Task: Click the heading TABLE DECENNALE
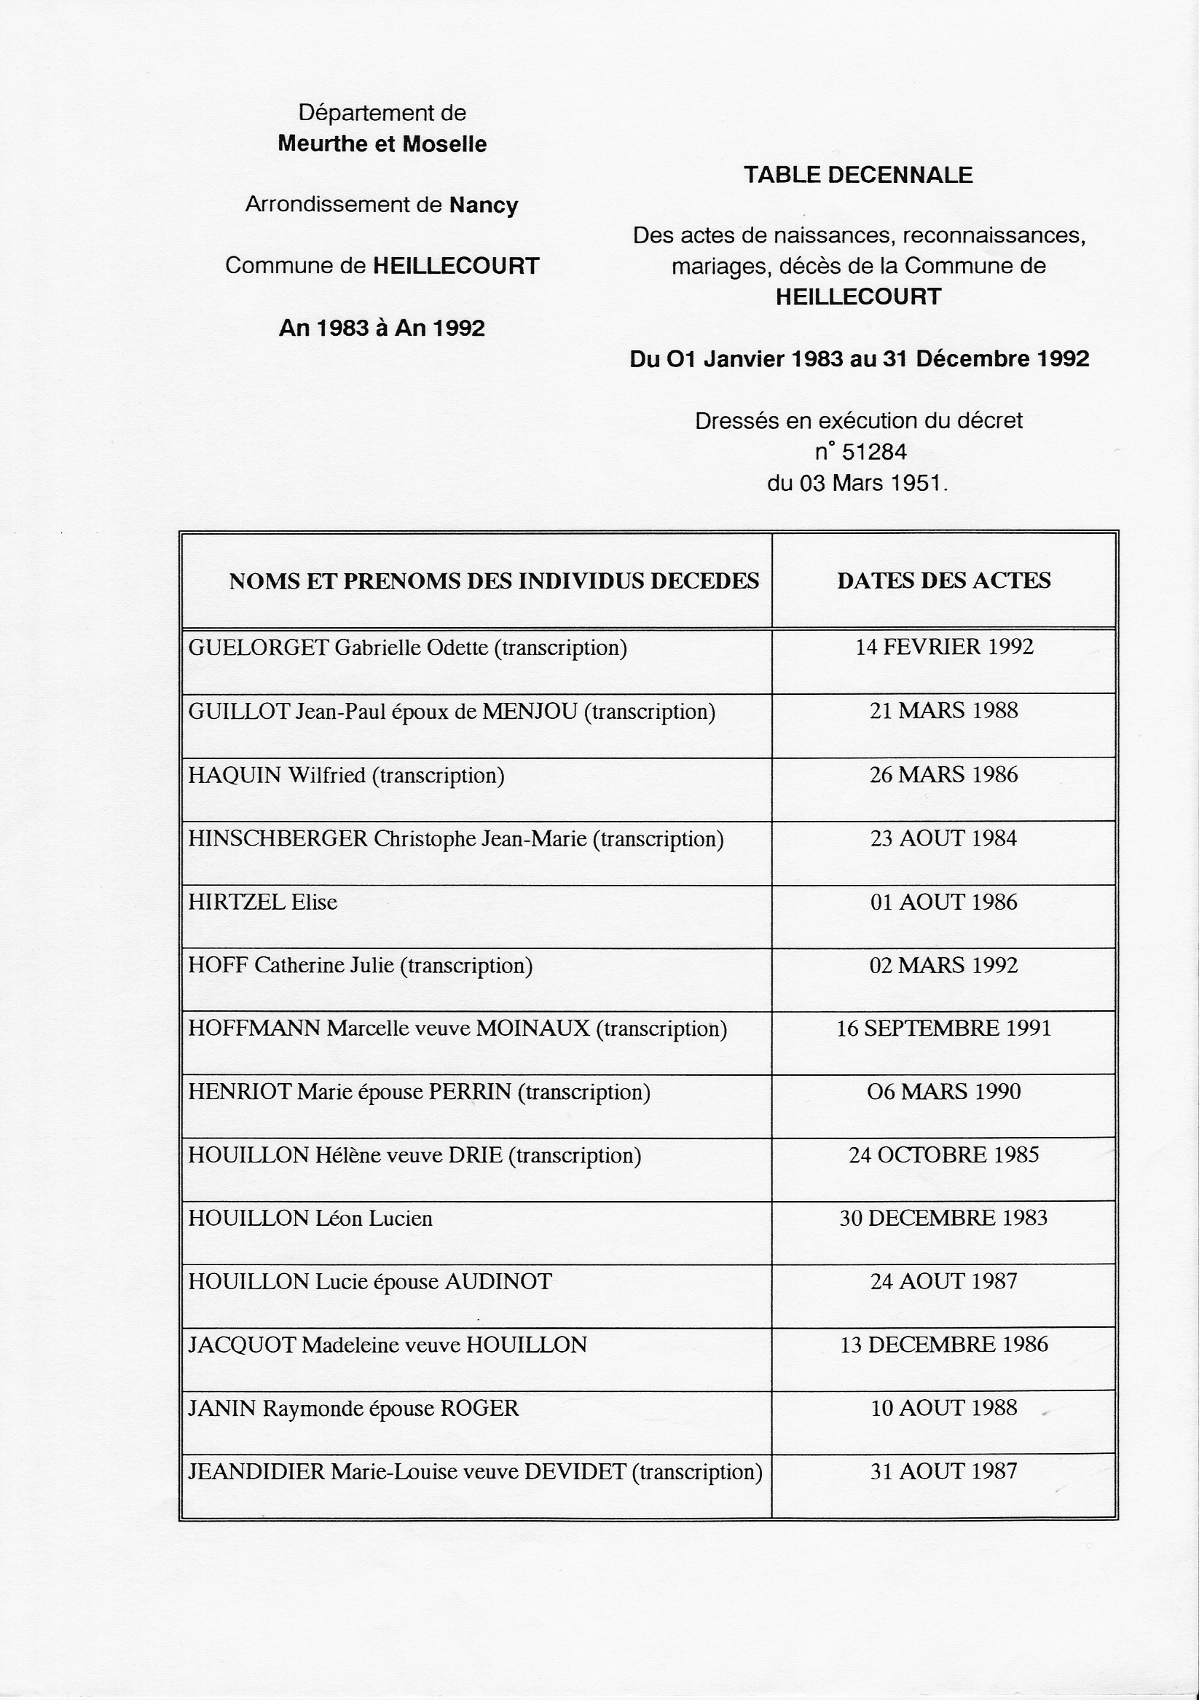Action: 857,175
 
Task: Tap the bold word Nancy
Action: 484,205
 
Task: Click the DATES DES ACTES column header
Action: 943,581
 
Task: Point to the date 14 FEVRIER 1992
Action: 943,647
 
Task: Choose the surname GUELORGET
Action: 259,648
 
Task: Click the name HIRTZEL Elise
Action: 263,902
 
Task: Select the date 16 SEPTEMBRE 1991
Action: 943,1028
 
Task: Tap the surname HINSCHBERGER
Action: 278,839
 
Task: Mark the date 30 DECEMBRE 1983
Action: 943,1218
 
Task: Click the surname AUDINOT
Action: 498,1282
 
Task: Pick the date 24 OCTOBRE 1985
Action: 943,1155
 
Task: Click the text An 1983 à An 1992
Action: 382,328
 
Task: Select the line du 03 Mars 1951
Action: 857,484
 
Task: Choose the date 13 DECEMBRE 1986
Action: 943,1345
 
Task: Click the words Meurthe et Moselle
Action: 382,143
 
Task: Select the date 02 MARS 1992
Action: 943,966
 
